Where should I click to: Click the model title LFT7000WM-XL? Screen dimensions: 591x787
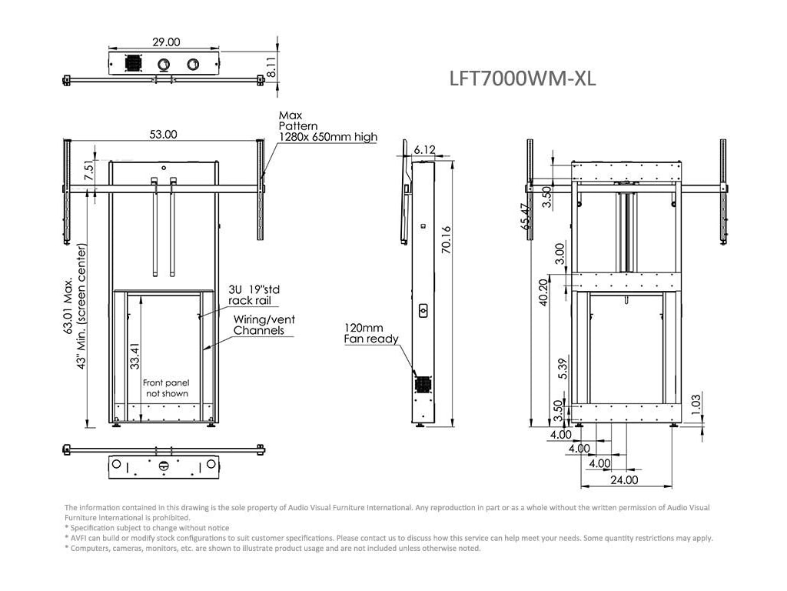pos(522,78)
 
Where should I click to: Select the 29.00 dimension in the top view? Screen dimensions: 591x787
pos(167,42)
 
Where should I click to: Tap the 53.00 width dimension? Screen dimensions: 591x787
pos(163,134)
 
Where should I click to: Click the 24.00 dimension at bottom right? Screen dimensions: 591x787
pos(624,480)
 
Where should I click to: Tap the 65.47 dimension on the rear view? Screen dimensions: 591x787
pos(525,217)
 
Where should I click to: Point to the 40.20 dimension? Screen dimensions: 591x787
pos(544,292)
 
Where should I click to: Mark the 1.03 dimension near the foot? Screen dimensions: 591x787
pos(696,402)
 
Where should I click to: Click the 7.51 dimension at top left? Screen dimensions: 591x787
pos(88,172)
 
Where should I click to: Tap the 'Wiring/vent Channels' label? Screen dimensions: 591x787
pos(264,325)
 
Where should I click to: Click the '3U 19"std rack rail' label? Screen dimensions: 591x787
pos(250,295)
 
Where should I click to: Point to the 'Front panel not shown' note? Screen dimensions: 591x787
pos(165,388)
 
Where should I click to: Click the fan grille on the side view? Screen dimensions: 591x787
pos(422,382)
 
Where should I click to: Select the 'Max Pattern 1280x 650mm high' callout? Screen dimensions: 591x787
pos(327,126)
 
